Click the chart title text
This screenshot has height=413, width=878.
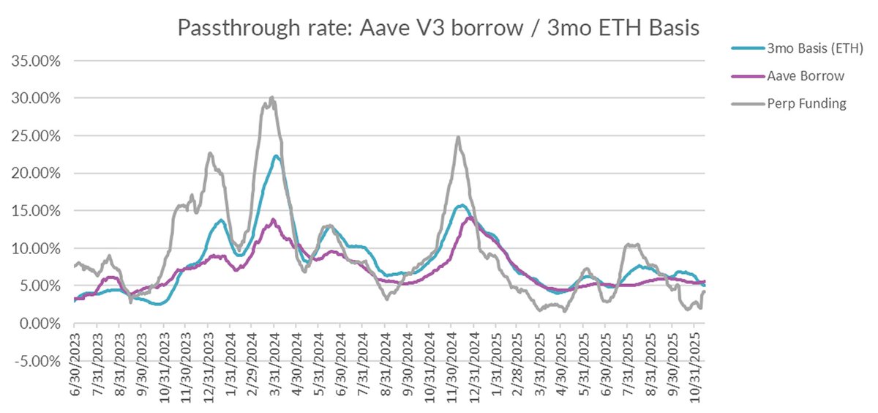[439, 29]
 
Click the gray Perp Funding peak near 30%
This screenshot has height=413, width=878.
[271, 97]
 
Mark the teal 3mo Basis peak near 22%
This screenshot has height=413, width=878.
[276, 156]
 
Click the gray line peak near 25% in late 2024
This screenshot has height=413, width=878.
[458, 137]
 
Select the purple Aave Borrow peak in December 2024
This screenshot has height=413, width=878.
[470, 217]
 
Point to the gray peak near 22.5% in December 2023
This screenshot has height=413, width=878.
[210, 153]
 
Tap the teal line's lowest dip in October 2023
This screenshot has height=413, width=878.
[157, 304]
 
